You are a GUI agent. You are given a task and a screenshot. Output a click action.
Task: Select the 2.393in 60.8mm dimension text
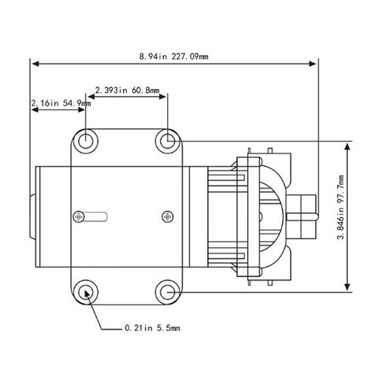tap(127, 90)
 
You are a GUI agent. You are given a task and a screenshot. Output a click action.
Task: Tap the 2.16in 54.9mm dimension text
tap(60, 102)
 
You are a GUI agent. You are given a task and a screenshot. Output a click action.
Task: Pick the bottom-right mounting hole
tap(166, 291)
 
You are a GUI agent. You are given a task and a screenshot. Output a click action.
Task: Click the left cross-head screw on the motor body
tap(79, 217)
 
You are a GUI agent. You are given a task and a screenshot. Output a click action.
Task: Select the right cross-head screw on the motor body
tap(167, 217)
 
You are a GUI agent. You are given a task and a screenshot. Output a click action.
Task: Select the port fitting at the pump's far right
tap(307, 213)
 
